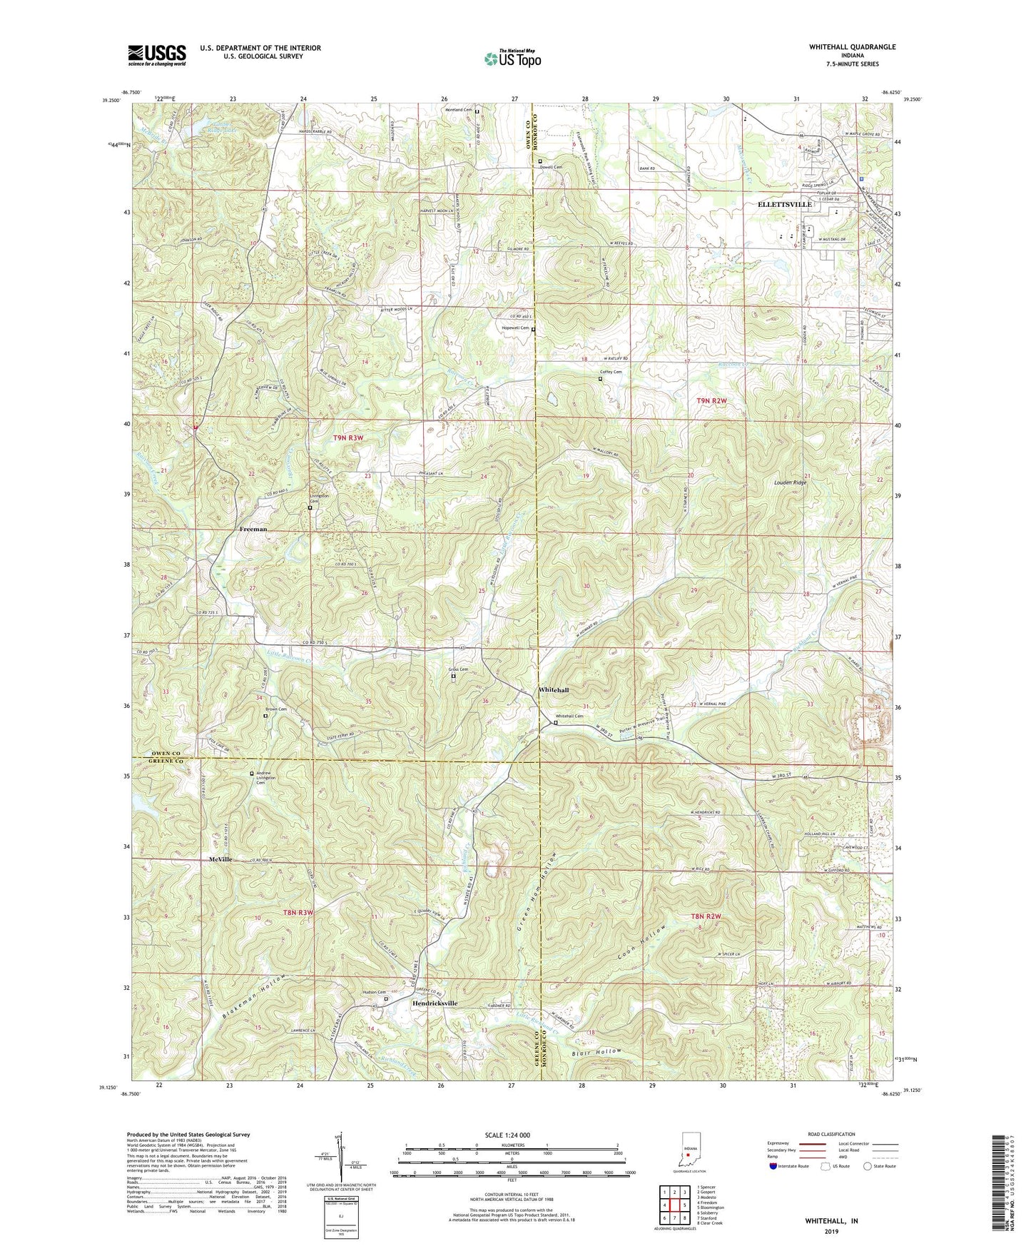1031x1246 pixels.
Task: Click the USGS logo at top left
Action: tap(157, 54)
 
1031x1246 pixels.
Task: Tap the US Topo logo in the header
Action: tap(512, 59)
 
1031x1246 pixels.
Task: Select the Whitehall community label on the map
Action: tap(554, 691)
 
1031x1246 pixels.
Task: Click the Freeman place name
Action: tap(253, 530)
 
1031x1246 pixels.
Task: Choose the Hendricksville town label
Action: tap(435, 1003)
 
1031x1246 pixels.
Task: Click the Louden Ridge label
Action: tap(790, 483)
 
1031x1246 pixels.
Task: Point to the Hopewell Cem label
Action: tap(514, 328)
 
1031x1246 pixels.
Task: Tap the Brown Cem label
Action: tap(277, 709)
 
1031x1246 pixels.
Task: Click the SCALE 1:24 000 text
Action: tap(507, 1135)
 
